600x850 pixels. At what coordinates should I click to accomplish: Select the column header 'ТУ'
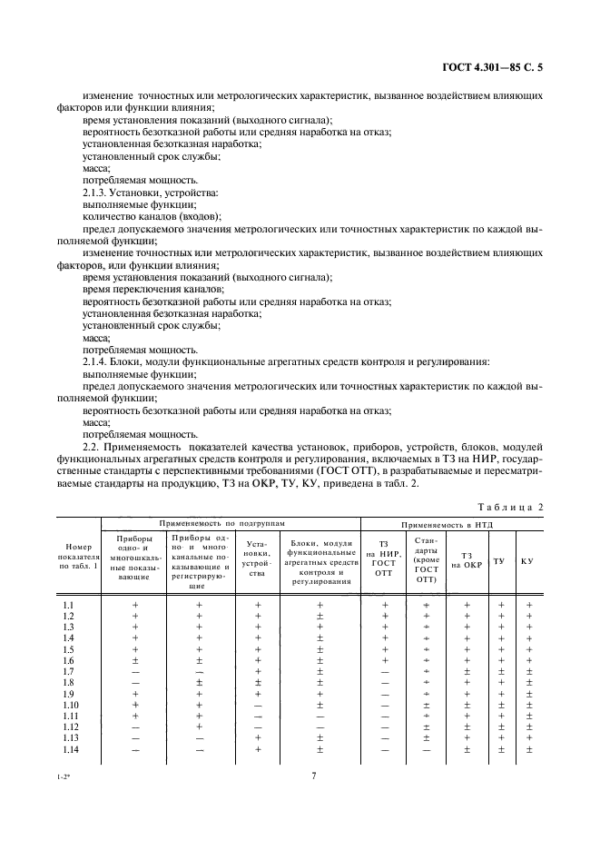tap(498, 560)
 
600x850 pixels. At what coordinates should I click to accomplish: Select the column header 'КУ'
tap(527, 560)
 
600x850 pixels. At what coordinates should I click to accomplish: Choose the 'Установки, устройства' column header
tap(257, 560)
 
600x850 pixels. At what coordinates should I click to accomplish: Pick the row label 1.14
tap(69, 749)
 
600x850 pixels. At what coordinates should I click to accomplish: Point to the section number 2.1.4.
tap(98, 361)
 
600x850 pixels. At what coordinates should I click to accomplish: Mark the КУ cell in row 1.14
tap(528, 749)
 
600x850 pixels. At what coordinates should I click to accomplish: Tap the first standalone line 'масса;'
tap(95, 168)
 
